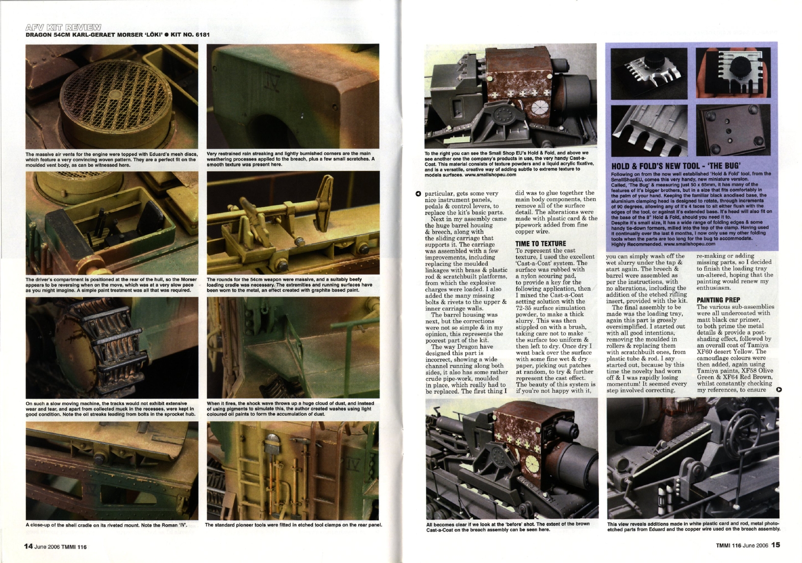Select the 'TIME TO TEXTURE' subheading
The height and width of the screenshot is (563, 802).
tap(540, 243)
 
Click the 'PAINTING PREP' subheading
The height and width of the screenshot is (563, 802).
tap(718, 300)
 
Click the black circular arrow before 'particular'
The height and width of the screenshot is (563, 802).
tap(418, 193)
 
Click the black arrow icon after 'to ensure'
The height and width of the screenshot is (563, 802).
tap(779, 390)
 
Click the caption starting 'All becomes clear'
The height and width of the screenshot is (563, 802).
tap(508, 527)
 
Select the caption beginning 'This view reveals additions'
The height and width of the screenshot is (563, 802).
tap(693, 527)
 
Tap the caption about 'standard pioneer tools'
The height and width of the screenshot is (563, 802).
tap(293, 525)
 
